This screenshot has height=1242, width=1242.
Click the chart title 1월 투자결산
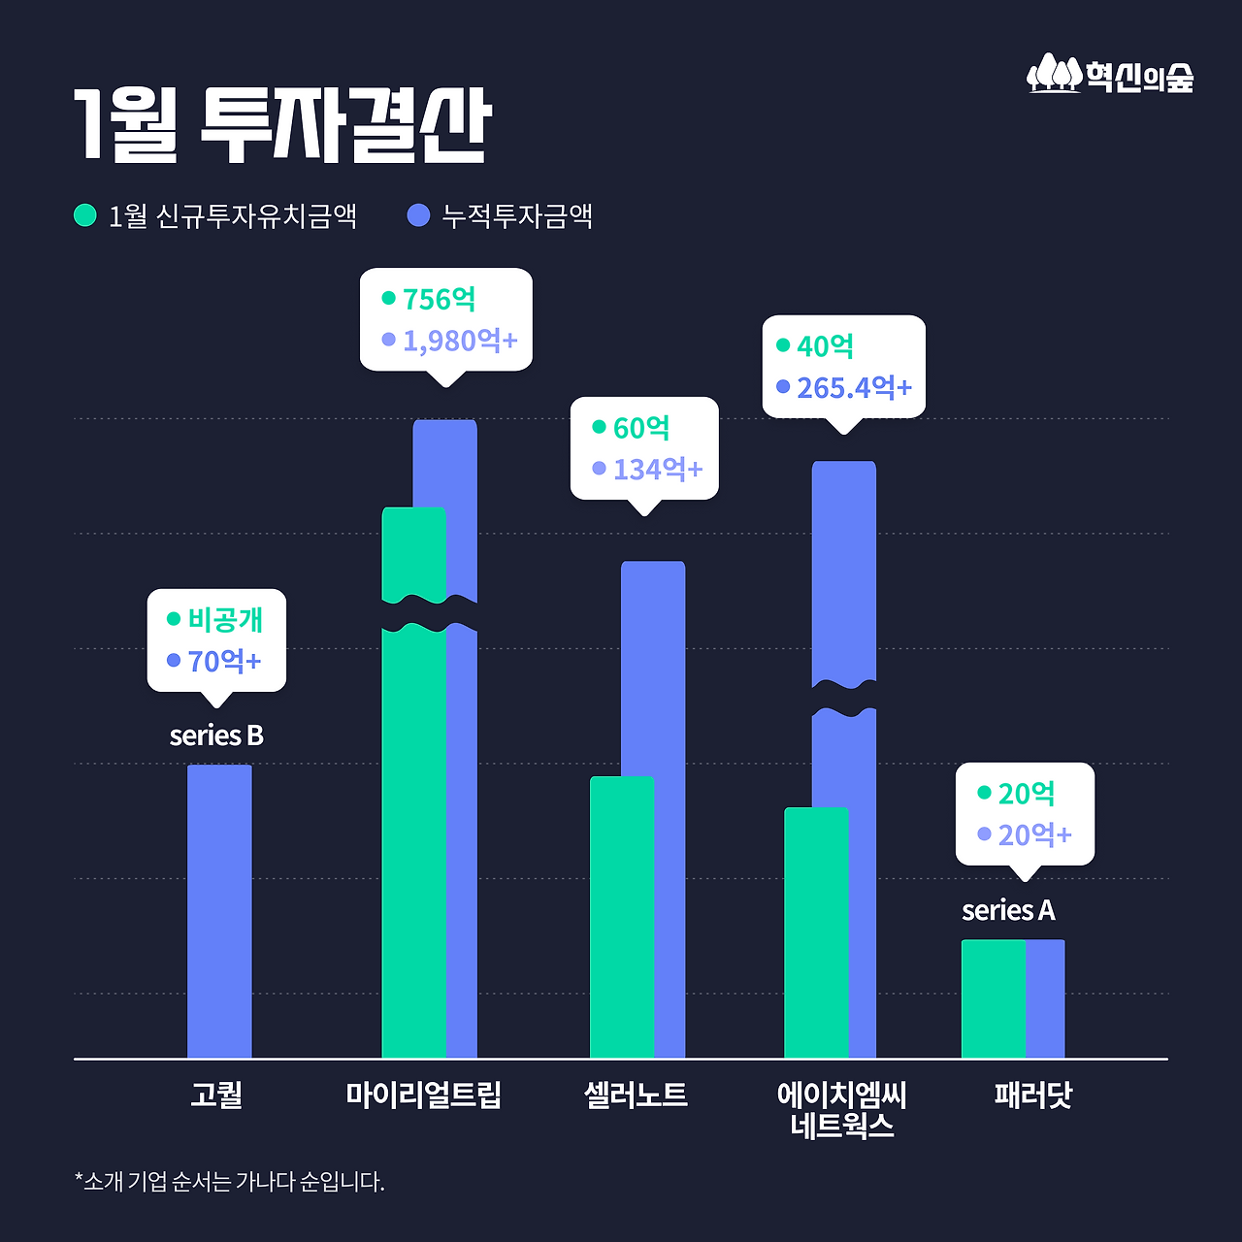[282, 125]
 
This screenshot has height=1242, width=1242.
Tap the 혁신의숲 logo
[1110, 75]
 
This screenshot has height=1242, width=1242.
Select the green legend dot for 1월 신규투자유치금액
[85, 214]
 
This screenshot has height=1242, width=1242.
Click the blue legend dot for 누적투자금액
[418, 214]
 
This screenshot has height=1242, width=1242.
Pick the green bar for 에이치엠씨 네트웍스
[815, 931]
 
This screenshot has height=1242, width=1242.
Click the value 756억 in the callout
[439, 299]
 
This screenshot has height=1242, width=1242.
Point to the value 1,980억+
[460, 341]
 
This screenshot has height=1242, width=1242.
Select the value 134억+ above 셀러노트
[658, 470]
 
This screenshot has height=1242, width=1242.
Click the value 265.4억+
[854, 388]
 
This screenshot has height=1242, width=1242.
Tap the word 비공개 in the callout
[225, 619]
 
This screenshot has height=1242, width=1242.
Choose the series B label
[216, 735]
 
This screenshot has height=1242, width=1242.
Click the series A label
[1008, 910]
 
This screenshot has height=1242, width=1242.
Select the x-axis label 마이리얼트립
[424, 1095]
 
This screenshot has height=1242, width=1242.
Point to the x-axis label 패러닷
[1033, 1095]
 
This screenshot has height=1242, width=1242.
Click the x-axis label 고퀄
[216, 1095]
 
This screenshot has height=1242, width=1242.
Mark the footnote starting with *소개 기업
[230, 1182]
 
